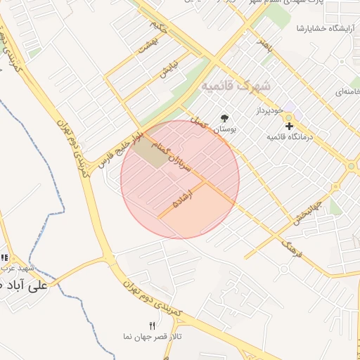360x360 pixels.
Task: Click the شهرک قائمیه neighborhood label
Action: pyautogui.click(x=240, y=86)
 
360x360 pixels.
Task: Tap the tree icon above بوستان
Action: pyautogui.click(x=225, y=118)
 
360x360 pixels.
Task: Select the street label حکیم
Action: pyautogui.click(x=159, y=27)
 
